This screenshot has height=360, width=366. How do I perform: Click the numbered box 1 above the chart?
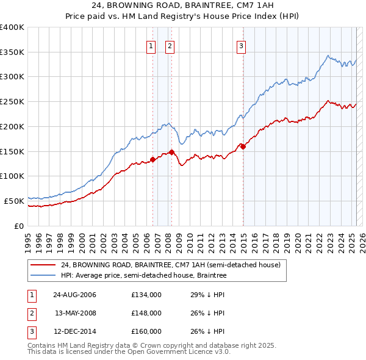pyautogui.click(x=150, y=45)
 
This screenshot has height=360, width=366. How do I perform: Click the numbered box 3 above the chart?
pyautogui.click(x=241, y=45)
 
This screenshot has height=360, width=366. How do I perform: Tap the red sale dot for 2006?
pyautogui.click(x=153, y=160)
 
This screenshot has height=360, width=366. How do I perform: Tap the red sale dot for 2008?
pyautogui.click(x=172, y=152)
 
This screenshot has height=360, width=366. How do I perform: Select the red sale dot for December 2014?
pyautogui.click(x=243, y=146)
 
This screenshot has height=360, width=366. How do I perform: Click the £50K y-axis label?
pyautogui.click(x=14, y=201)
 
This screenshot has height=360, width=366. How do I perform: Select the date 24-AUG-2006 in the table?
pyautogui.click(x=74, y=295)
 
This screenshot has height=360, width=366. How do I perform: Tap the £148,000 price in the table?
pyautogui.click(x=146, y=313)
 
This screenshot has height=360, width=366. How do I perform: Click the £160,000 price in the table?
pyautogui.click(x=146, y=331)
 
